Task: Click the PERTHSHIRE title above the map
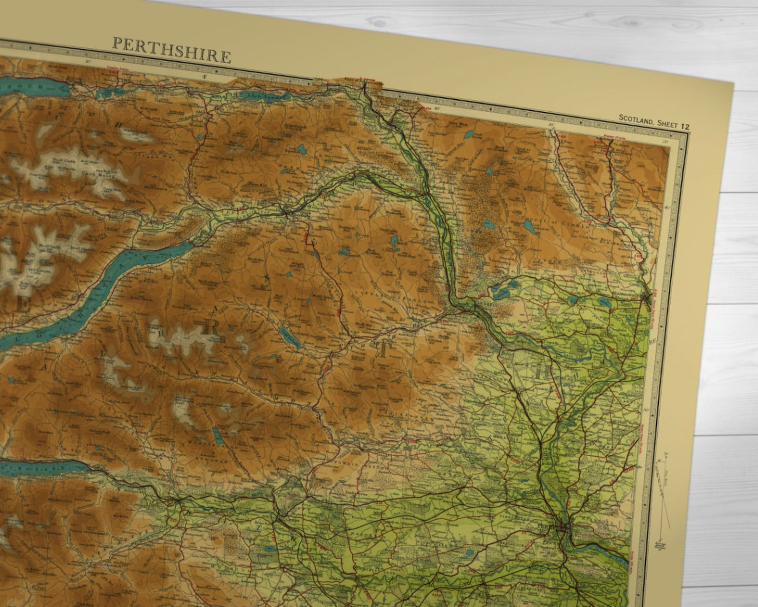click(171, 51)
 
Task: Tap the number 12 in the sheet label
click(685, 126)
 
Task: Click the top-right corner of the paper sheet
click(733, 82)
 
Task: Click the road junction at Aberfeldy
click(286, 211)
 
